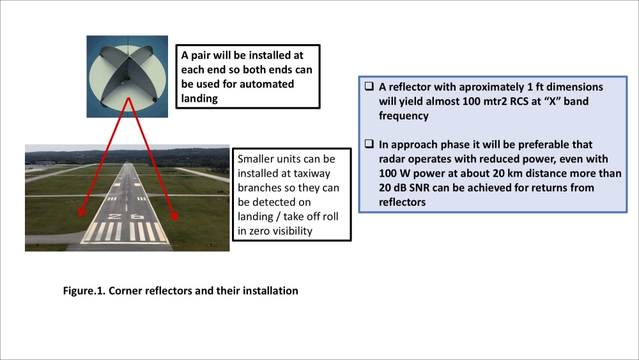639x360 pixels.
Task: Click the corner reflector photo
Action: (x=127, y=77)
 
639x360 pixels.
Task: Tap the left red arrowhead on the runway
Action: (x=81, y=215)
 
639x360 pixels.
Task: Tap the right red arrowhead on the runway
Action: (x=173, y=217)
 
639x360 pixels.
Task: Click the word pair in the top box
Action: (x=201, y=56)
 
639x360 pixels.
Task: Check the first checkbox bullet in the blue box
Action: (x=369, y=87)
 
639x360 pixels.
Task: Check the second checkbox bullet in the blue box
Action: (x=369, y=145)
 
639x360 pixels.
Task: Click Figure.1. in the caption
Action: (x=84, y=291)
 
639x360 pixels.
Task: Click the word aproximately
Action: (x=473, y=87)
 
